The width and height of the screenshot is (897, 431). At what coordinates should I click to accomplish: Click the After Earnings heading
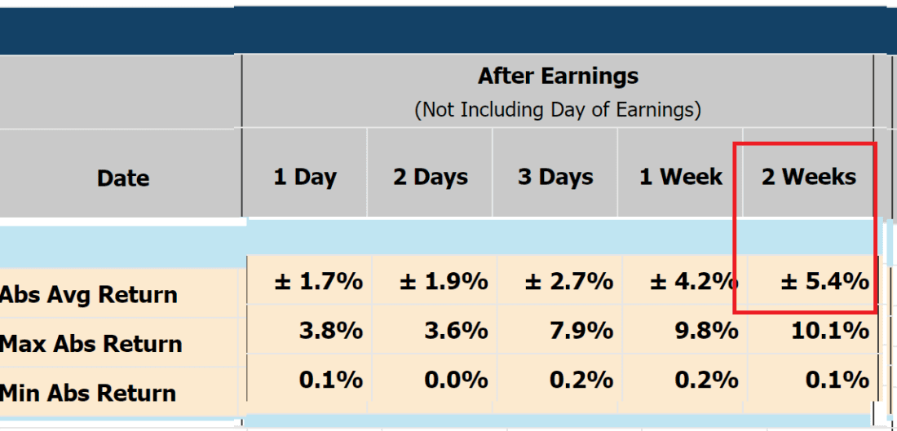tap(558, 77)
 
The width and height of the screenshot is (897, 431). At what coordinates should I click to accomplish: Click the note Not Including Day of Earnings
tap(558, 109)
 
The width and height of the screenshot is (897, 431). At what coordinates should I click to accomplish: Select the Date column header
tap(123, 178)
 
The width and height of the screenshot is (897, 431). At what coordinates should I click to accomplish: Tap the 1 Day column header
tap(305, 177)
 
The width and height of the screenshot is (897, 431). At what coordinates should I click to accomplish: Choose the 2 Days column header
tap(431, 177)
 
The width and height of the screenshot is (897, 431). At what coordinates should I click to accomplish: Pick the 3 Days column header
tap(555, 177)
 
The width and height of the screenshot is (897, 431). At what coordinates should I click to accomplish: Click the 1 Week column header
tap(681, 177)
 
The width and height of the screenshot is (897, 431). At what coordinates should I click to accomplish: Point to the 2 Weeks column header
tap(809, 177)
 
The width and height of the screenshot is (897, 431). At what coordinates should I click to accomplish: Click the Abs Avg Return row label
tap(89, 294)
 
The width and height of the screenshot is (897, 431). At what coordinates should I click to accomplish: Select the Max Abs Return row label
tap(91, 344)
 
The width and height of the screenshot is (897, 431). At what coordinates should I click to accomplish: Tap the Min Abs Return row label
tap(88, 393)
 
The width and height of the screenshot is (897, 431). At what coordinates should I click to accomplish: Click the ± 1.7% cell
tap(318, 282)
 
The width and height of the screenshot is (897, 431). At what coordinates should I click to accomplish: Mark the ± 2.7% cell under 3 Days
tap(568, 282)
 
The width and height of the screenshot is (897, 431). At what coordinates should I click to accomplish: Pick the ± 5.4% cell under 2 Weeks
tap(825, 282)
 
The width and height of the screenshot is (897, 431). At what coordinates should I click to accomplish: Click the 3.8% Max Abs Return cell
tap(331, 331)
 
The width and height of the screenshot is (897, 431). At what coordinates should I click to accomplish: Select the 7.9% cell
tap(581, 331)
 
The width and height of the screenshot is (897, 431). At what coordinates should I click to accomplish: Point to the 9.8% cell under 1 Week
tap(706, 331)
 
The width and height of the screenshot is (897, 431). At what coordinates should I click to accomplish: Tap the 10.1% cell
tap(829, 331)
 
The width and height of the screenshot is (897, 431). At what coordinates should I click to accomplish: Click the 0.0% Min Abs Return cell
tap(457, 380)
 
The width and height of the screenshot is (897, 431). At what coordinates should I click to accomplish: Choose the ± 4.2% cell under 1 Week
tap(694, 282)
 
